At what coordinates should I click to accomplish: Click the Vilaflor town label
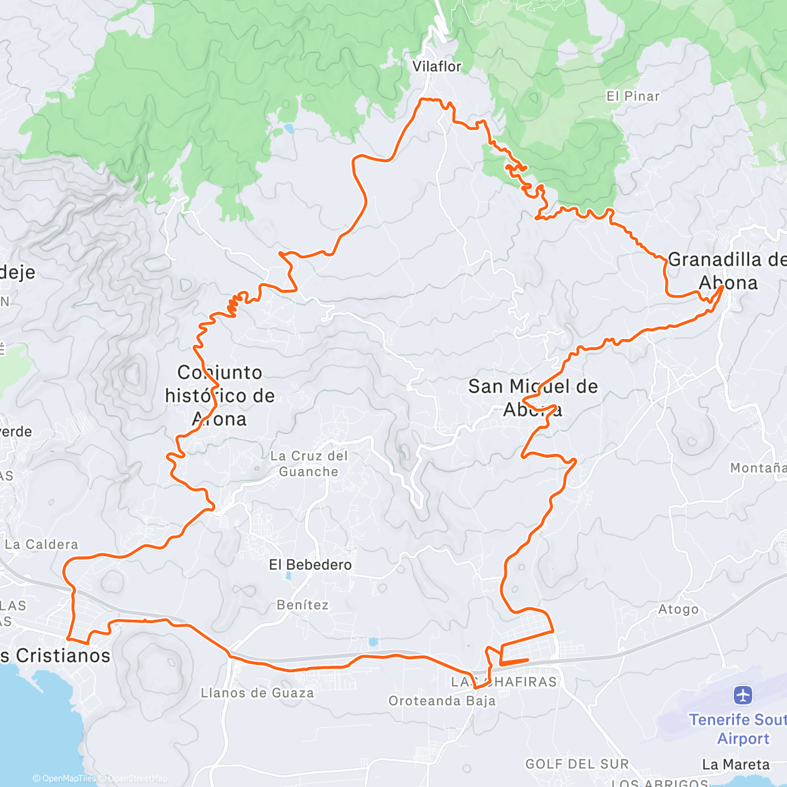437,66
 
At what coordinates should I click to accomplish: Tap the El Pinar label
632,96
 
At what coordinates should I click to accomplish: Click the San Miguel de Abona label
533,398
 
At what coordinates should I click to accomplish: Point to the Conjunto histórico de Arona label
220,395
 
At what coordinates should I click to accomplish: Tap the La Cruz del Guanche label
308,464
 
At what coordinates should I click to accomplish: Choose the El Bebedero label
310,565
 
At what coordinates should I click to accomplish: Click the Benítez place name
302,605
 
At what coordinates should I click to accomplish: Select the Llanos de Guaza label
257,693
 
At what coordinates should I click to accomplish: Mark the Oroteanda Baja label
442,701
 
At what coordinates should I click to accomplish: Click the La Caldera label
41,544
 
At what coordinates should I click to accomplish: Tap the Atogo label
678,609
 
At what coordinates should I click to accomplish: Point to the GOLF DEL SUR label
576,764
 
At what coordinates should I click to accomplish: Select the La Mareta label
736,765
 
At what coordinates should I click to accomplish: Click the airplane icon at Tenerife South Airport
743,695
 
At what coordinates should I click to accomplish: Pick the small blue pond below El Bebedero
288,577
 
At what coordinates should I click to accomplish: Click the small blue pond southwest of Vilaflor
289,129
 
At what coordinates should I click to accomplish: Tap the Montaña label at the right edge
758,468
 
